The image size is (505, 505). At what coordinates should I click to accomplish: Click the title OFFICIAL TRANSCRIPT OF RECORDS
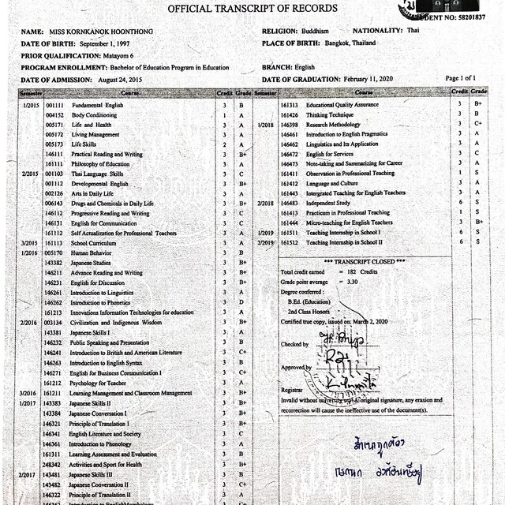[252, 8]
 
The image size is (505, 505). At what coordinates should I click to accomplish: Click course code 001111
[54, 105]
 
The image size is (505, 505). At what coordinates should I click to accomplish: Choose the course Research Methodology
[333, 125]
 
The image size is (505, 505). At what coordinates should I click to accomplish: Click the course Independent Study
[327, 203]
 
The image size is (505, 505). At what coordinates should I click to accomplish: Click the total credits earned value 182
[353, 271]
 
